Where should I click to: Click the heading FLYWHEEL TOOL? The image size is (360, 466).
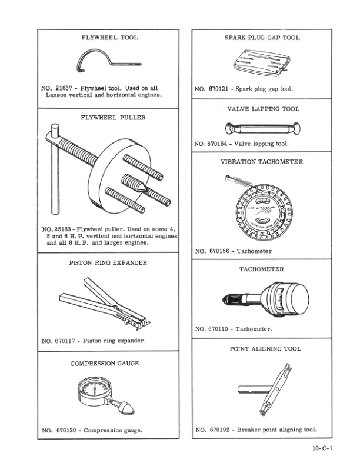click(x=109, y=38)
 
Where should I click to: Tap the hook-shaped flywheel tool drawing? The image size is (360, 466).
click(x=106, y=59)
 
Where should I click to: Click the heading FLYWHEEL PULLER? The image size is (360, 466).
click(x=109, y=117)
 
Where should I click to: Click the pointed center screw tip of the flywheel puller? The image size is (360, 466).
click(x=141, y=187)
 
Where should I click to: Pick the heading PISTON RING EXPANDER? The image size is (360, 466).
click(x=109, y=262)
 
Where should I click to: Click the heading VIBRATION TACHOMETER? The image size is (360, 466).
click(x=262, y=162)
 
